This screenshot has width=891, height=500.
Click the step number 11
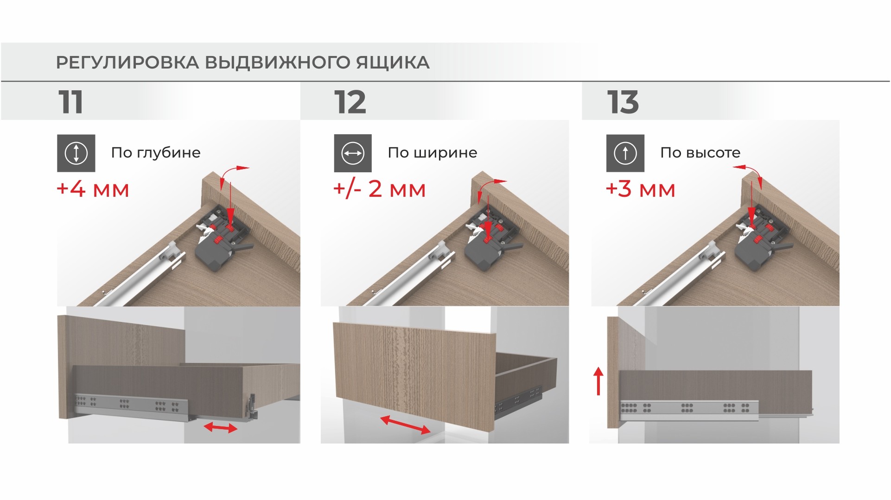click(71, 102)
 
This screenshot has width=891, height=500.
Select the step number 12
click(350, 102)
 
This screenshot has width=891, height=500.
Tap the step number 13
click(623, 102)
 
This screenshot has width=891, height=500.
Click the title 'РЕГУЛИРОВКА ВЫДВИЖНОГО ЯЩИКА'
click(242, 62)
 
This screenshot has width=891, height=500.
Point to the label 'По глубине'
click(156, 152)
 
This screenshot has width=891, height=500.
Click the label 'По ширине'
click(433, 152)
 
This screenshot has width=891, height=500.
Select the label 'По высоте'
click(700, 152)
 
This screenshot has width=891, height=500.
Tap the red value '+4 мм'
click(93, 189)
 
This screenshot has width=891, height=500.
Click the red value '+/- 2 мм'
click(379, 189)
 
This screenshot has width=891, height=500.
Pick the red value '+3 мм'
click(640, 189)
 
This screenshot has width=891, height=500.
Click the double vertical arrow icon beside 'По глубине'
click(76, 153)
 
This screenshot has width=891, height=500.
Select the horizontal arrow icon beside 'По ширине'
click(353, 153)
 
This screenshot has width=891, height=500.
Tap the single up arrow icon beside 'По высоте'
click(625, 153)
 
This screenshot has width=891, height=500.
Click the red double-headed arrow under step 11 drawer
click(221, 427)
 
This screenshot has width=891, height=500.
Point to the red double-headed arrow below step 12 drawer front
click(405, 425)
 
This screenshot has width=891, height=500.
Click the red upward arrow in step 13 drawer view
click(598, 381)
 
